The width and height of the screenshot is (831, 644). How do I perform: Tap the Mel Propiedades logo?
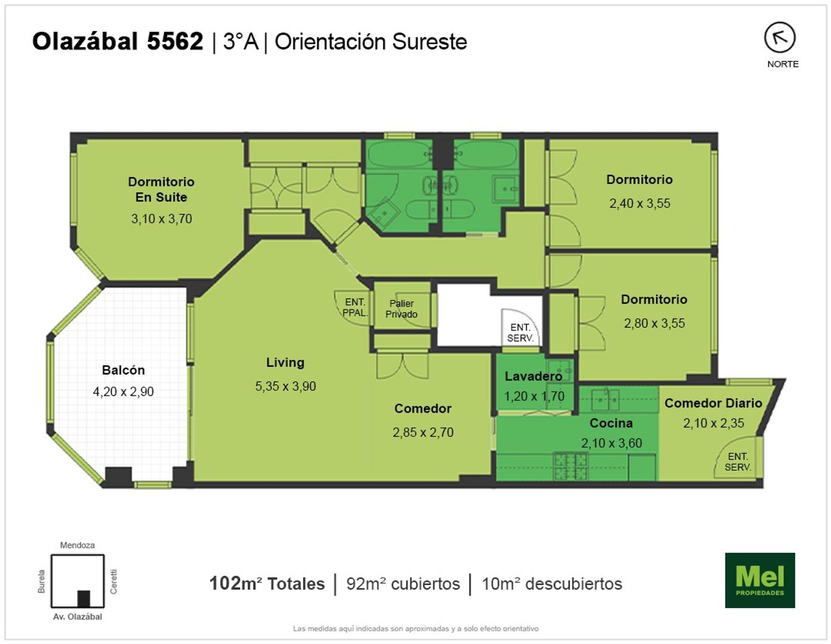point(760,580)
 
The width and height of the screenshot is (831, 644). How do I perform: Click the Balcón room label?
point(123,370)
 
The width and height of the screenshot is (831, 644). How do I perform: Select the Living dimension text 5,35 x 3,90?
point(285,386)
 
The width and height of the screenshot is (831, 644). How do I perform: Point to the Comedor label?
point(422,408)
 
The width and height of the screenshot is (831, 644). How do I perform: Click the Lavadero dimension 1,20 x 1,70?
point(534,397)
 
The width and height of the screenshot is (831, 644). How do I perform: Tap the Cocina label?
point(611,423)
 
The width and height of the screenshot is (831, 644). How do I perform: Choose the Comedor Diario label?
point(713,403)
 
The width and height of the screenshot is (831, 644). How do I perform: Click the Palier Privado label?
point(401,309)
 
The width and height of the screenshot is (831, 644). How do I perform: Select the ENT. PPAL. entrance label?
point(354,307)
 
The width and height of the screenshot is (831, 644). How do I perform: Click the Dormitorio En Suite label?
point(161,189)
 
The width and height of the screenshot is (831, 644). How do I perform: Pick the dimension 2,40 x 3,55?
point(640,203)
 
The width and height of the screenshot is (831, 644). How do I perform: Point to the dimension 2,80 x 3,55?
point(654,323)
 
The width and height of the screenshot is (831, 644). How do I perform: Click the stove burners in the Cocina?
point(571,466)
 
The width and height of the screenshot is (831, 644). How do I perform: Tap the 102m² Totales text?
point(267,584)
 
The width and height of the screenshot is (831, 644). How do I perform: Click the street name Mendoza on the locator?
point(77,545)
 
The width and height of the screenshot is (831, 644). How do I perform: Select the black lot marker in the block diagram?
point(84,599)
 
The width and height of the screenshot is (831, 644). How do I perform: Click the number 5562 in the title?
point(175,41)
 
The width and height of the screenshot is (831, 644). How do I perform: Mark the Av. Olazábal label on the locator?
point(77,617)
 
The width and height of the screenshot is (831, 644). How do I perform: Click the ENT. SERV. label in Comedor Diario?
point(738,462)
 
